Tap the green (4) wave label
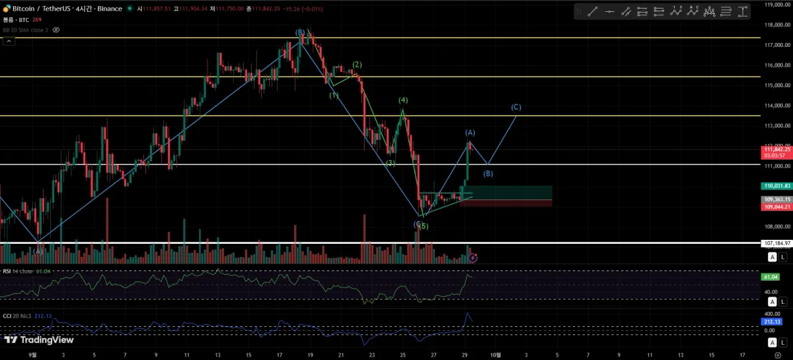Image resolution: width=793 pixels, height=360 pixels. pyautogui.click(x=402, y=100)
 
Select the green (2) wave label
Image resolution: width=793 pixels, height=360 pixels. pyautogui.click(x=357, y=65)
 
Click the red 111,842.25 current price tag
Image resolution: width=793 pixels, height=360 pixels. pyautogui.click(x=777, y=149)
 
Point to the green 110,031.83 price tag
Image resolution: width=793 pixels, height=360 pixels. pyautogui.click(x=776, y=186)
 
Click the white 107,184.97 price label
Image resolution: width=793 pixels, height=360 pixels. pyautogui.click(x=776, y=243)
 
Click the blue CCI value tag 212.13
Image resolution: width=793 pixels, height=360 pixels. pyautogui.click(x=771, y=322)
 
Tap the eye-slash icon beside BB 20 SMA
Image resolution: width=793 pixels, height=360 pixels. pyautogui.click(x=56, y=30)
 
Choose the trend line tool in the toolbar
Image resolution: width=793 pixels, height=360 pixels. pyautogui.click(x=592, y=11)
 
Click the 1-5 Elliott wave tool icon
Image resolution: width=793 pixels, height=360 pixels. pyautogui.click(x=675, y=11)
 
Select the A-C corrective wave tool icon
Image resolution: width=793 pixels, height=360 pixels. pyautogui.click(x=693, y=11)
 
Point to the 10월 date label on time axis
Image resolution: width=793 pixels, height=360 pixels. pyautogui.click(x=495, y=355)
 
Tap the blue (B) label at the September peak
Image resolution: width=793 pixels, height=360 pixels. pyautogui.click(x=300, y=32)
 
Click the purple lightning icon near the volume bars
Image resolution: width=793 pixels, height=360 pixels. pyautogui.click(x=472, y=256)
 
